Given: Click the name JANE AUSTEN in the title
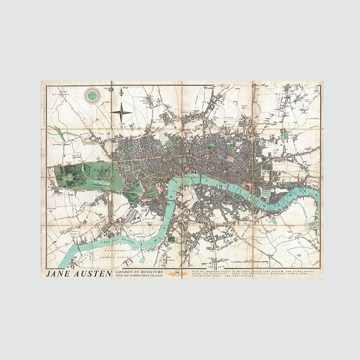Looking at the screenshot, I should point(79,274).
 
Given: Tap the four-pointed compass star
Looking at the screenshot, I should point(122,112).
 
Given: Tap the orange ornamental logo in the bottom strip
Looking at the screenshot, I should point(177,274).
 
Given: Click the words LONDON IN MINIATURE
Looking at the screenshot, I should point(139,272).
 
